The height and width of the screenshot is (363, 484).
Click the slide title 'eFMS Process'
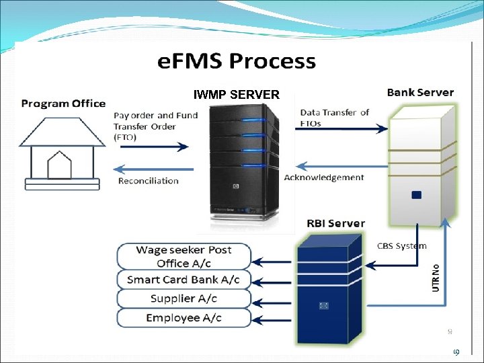coord(237,61)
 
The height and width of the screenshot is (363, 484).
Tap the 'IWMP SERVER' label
coord(236,95)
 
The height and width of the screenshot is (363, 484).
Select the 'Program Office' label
coord(63,104)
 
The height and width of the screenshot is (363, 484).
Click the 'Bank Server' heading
coord(420,92)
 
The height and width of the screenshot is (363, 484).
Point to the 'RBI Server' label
coord(335,223)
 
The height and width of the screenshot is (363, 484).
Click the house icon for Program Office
coord(62,151)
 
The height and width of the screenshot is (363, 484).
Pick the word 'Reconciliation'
coord(148,180)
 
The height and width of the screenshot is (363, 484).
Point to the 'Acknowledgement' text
coord(324,177)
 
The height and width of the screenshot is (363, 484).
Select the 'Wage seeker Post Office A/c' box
coord(184,256)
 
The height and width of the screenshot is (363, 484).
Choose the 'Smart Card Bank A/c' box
coord(184,279)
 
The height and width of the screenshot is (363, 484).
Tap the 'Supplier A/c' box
coord(184,298)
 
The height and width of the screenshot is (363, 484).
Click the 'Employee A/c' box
coord(184,317)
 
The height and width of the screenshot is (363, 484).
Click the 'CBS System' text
coord(401,246)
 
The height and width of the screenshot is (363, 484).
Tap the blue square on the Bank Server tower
coord(416,194)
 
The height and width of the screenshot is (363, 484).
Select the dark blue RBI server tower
coord(324,289)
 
